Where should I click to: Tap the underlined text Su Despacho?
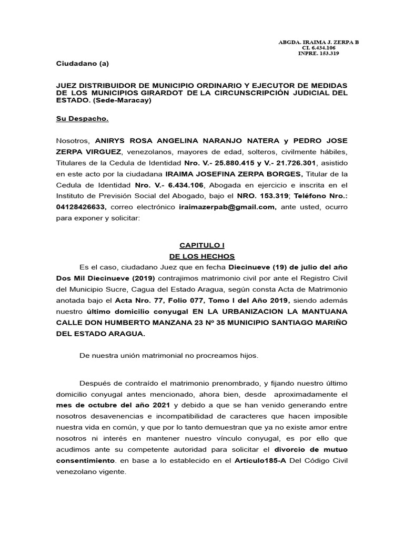[x=82, y=119]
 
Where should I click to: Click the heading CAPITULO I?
[x=201, y=245]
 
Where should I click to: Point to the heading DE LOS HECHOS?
[x=201, y=256]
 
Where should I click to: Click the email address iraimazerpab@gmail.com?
[x=227, y=207]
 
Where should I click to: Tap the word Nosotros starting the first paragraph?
[x=73, y=141]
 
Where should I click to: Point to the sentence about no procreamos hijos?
[x=169, y=356]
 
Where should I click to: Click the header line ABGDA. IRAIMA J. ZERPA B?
[x=318, y=42]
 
